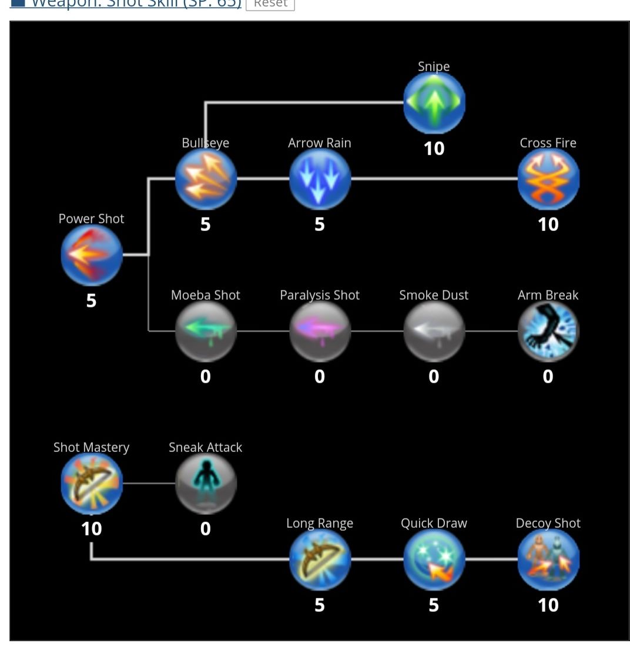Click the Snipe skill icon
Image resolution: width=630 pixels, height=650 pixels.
click(x=434, y=102)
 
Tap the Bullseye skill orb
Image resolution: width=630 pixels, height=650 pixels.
click(x=206, y=179)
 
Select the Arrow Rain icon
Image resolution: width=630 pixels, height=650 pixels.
click(x=320, y=179)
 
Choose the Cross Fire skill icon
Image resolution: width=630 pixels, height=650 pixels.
click(x=548, y=179)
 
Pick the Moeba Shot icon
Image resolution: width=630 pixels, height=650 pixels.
click(x=206, y=331)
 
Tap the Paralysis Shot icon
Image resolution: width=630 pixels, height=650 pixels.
click(x=320, y=331)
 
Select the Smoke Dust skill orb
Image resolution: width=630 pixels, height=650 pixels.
click(x=434, y=331)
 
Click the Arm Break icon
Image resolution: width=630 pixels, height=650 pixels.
click(x=548, y=331)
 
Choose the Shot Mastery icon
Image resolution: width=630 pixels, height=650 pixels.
click(x=92, y=483)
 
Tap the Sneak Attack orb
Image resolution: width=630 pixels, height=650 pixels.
click(x=206, y=483)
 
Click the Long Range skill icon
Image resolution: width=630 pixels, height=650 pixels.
click(x=320, y=559)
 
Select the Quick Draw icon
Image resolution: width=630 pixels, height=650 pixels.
click(x=434, y=559)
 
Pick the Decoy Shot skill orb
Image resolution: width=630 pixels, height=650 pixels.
click(x=548, y=559)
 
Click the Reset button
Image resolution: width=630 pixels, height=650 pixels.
click(x=270, y=4)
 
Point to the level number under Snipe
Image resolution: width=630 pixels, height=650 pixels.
click(x=434, y=149)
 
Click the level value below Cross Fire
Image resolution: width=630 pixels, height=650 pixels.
click(x=548, y=225)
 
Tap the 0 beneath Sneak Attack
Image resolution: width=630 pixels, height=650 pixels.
click(x=206, y=529)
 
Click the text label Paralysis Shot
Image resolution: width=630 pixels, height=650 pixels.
click(x=320, y=295)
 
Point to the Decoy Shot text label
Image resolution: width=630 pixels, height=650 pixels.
click(x=548, y=523)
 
